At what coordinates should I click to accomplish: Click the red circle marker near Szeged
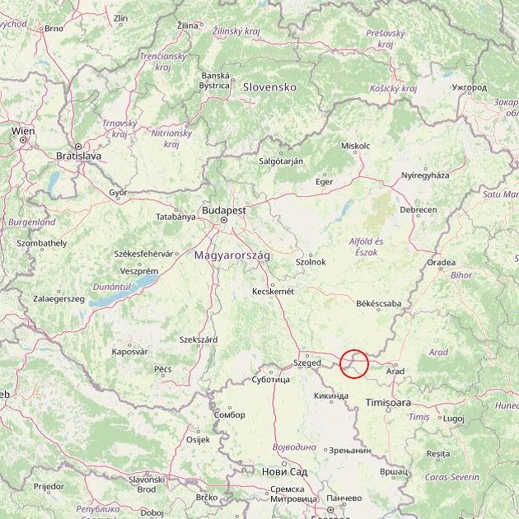pyautogui.click(x=353, y=363)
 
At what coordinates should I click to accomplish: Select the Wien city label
pyautogui.click(x=23, y=130)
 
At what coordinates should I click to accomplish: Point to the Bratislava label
pyautogui.click(x=78, y=155)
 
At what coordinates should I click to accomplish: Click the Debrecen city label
pyautogui.click(x=418, y=210)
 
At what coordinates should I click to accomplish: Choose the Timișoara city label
pyautogui.click(x=387, y=402)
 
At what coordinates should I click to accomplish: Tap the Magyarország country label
pyautogui.click(x=231, y=255)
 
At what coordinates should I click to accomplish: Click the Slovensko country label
pyautogui.click(x=269, y=86)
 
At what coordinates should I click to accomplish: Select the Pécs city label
pyautogui.click(x=162, y=368)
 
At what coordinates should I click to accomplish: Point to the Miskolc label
pyautogui.click(x=356, y=146)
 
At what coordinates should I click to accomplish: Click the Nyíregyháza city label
pyautogui.click(x=425, y=175)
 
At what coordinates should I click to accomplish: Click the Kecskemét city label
pyautogui.click(x=273, y=291)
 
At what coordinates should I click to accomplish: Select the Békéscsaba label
pyautogui.click(x=379, y=304)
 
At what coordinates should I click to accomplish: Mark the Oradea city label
pyautogui.click(x=441, y=263)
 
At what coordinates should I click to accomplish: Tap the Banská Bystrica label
pyautogui.click(x=215, y=80)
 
